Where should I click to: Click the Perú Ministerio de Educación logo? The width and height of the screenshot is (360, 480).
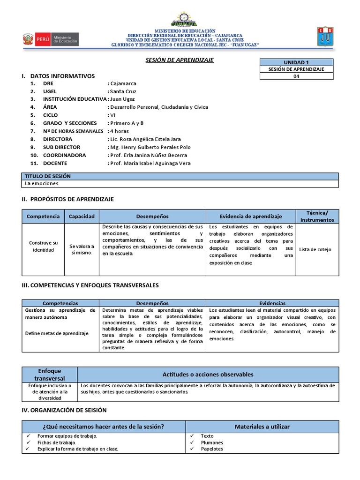pos(51,39)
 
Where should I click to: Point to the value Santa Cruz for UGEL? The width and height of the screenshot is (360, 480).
pos(122,91)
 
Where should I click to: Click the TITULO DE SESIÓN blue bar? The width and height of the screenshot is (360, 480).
pos(180,176)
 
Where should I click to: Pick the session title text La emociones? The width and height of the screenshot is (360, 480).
pos(42,184)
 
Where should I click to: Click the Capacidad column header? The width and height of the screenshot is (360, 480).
pos(82,216)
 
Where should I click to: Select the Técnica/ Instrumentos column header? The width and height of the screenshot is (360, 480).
pos(317,216)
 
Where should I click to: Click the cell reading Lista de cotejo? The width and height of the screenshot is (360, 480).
pos(315,249)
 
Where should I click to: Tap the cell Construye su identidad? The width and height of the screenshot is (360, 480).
pos(43,246)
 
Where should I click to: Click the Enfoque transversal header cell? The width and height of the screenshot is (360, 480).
pos(49,374)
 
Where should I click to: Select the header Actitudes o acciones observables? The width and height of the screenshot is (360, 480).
pos(208,374)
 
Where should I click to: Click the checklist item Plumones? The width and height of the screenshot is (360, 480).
pos(212,442)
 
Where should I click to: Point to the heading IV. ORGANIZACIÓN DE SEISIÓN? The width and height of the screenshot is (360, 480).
pos(64,410)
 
